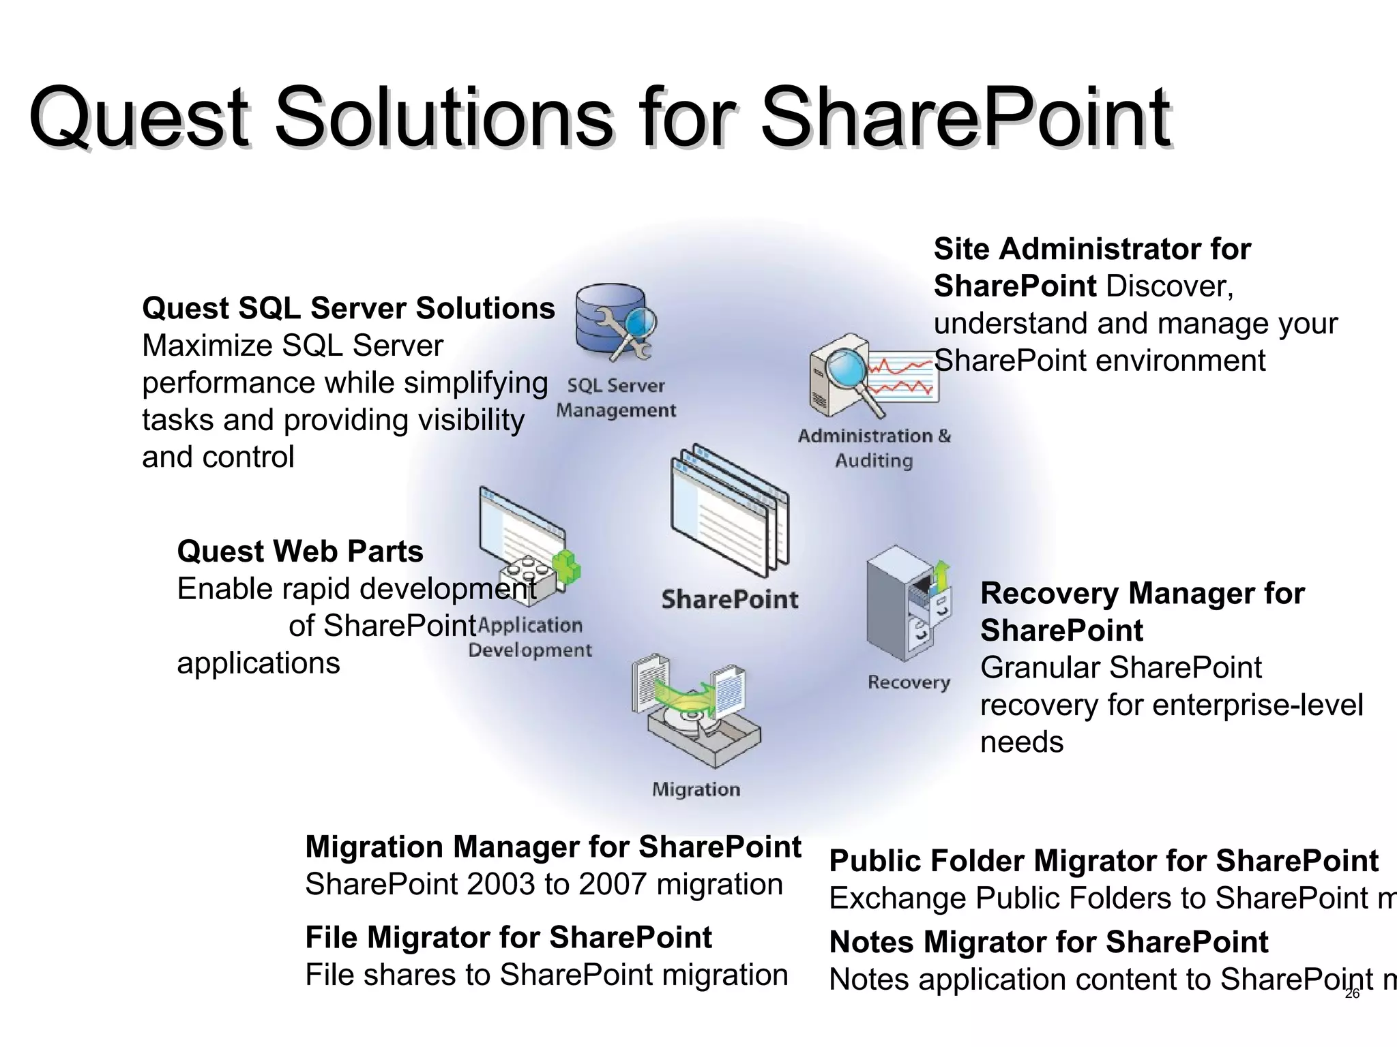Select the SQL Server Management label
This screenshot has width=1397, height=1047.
(x=616, y=398)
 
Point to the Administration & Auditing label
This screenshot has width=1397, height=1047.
(x=874, y=448)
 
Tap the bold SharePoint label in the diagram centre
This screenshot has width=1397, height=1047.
(x=729, y=600)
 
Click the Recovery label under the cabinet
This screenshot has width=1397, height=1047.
(x=909, y=682)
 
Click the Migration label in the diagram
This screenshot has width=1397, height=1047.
(x=696, y=789)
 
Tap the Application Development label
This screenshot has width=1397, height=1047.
(x=530, y=637)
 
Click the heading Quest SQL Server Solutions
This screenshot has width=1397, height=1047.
(x=349, y=308)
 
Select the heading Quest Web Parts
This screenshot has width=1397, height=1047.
(x=300, y=551)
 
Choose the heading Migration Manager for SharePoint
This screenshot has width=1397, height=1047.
(x=553, y=847)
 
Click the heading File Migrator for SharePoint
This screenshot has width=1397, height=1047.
(x=508, y=937)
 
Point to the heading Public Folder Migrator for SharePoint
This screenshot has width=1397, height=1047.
(x=1104, y=861)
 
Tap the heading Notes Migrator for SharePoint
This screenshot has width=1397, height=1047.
(x=1048, y=942)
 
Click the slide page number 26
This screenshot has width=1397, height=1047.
(x=1352, y=994)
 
